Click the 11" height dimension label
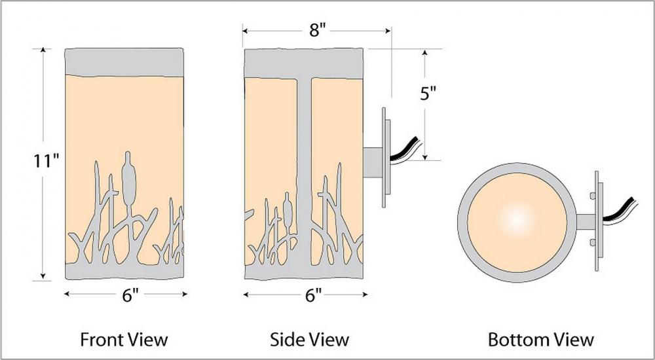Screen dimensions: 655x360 (x=47, y=161)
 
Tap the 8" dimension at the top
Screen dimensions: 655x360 (x=317, y=31)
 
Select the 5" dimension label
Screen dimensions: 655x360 (x=428, y=94)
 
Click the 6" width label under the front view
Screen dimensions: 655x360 (x=130, y=295)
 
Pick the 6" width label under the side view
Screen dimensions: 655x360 (x=313, y=295)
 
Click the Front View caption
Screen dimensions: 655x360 (x=124, y=339)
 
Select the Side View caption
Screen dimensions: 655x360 (x=309, y=339)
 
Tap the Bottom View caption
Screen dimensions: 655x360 (x=540, y=339)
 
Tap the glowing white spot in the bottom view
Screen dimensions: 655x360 (x=516, y=219)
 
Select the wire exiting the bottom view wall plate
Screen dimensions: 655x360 (x=620, y=211)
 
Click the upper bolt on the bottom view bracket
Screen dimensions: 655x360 (x=593, y=196)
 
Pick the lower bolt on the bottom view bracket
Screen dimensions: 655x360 (x=593, y=242)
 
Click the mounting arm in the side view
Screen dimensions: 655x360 (x=373, y=162)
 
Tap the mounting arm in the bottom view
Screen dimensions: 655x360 (x=586, y=221)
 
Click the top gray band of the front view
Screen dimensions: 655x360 (x=124, y=63)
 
